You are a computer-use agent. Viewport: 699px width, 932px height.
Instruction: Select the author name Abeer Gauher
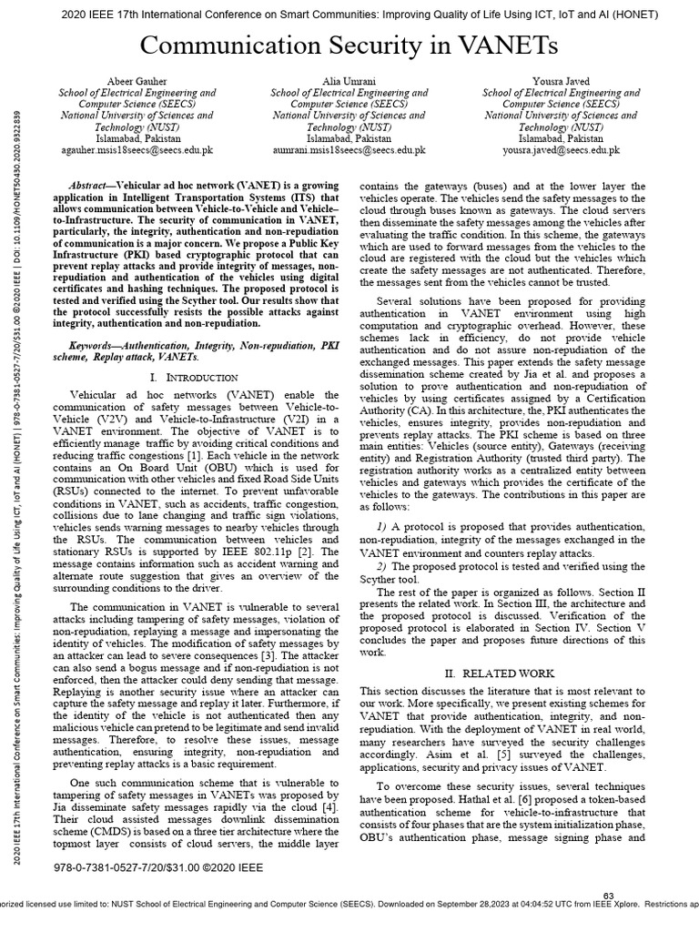click(137, 81)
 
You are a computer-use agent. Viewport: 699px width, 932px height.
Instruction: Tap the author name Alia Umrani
click(349, 81)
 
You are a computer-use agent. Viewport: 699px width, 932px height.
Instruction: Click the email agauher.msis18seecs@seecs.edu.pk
click(137, 150)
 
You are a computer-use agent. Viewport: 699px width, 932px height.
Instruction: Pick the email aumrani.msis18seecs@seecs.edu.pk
click(349, 150)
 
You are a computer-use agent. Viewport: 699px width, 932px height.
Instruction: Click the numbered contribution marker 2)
click(382, 566)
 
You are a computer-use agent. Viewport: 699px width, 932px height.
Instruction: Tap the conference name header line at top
click(349, 14)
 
